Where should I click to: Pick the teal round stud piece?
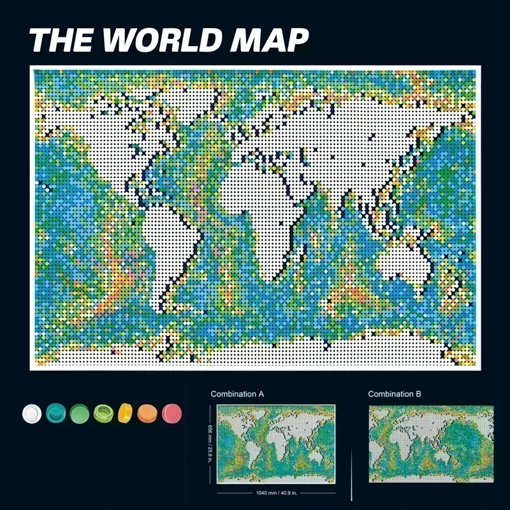tap(55, 413)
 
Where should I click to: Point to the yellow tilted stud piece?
tap(126, 413)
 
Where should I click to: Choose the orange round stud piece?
tap(148, 413)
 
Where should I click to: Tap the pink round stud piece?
tap(171, 413)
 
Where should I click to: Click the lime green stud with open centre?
tap(103, 413)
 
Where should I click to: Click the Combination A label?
tap(238, 394)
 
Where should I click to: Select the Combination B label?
tap(395, 394)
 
